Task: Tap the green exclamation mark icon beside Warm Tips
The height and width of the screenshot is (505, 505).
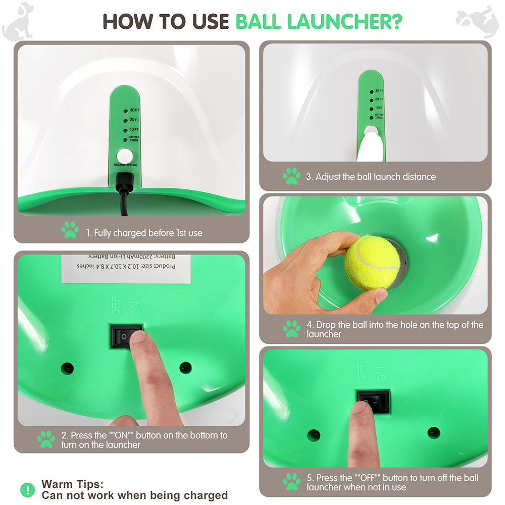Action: click(x=27, y=489)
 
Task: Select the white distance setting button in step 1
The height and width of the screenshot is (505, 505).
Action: click(x=123, y=155)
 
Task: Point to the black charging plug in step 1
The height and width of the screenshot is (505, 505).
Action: click(x=124, y=182)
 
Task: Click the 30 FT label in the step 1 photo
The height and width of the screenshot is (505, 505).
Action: click(x=134, y=110)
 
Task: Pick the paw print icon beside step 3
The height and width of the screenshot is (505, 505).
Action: click(x=291, y=176)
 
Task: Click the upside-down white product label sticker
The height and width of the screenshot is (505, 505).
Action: click(x=126, y=268)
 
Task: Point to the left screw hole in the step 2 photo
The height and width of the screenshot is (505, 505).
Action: click(x=67, y=368)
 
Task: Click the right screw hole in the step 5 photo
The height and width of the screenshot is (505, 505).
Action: click(x=433, y=432)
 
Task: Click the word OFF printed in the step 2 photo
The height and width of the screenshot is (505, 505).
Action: click(x=117, y=308)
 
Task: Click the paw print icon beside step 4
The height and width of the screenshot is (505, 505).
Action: click(x=291, y=329)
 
